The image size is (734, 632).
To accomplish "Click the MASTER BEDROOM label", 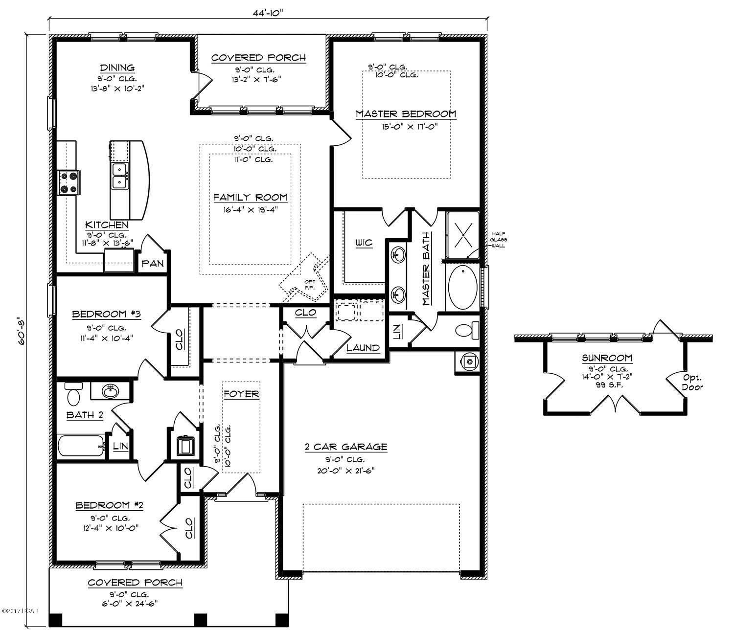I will (406, 114).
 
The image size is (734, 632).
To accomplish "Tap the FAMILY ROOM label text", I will (250, 198).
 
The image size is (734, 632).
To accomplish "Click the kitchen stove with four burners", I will (68, 183).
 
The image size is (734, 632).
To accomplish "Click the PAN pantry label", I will (152, 264).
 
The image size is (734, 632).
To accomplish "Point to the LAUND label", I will (363, 348).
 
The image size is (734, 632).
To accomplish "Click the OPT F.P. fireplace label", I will (310, 284).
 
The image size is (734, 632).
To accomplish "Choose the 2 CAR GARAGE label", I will (346, 447).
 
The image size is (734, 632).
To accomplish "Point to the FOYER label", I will (241, 394).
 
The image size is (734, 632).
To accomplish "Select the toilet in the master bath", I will (464, 331).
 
